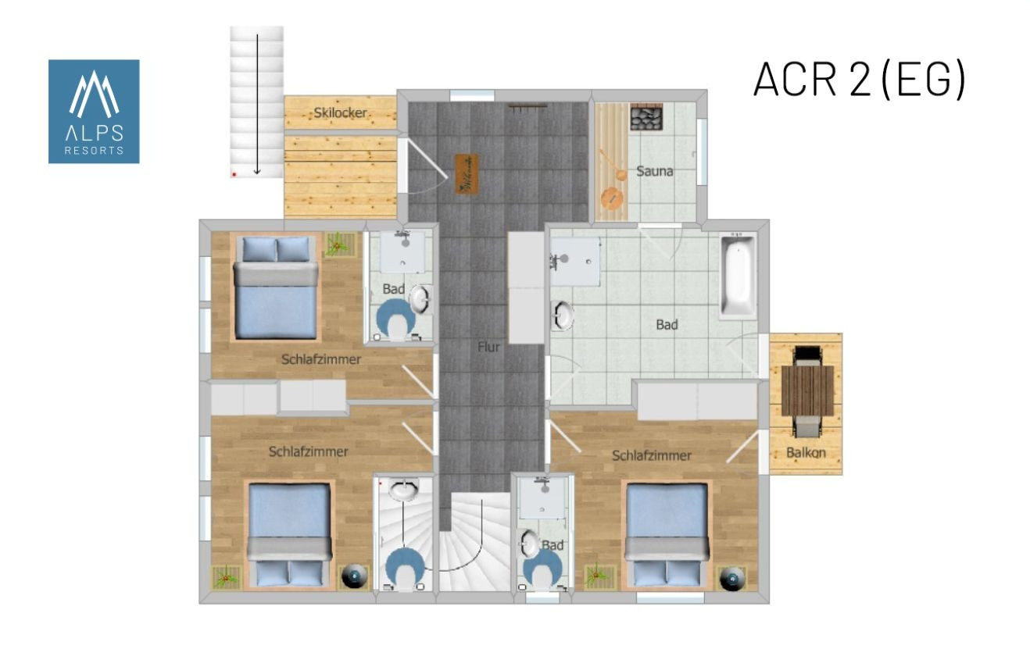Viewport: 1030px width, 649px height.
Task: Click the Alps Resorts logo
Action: [94, 111]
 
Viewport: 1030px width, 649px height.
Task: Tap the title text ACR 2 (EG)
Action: [860, 80]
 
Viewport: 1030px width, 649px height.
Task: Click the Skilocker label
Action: [340, 112]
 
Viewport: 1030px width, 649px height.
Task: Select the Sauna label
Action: [654, 172]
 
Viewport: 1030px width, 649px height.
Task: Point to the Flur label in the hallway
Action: [488, 347]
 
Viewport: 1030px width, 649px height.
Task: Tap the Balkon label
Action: [806, 453]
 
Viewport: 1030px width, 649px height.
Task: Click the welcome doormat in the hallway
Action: [467, 174]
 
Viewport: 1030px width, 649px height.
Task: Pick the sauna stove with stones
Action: [646, 116]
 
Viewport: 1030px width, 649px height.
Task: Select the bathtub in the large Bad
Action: [738, 276]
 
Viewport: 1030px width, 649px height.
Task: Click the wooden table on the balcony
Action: [807, 390]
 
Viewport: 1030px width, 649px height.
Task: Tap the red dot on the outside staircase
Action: [234, 175]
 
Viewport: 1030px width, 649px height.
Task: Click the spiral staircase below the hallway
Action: [474, 542]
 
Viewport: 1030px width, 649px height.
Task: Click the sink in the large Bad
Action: [563, 316]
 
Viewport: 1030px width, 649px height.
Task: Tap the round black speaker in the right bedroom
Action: [732, 579]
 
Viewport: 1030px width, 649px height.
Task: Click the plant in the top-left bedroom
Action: [338, 244]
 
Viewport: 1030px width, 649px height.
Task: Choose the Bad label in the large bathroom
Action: [667, 325]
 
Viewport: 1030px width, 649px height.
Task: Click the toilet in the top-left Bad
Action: [395, 320]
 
